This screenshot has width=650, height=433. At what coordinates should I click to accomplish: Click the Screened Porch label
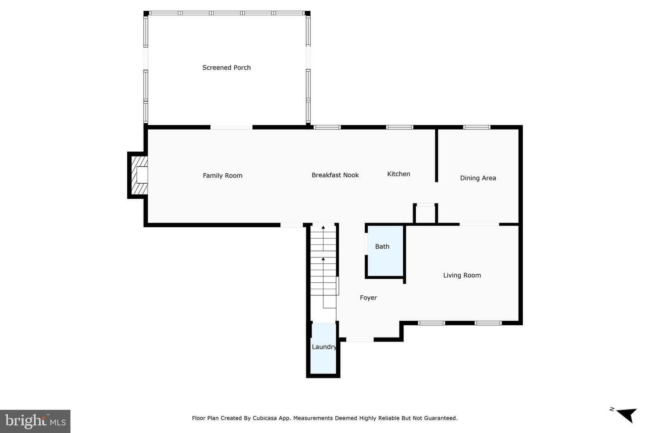click(x=226, y=68)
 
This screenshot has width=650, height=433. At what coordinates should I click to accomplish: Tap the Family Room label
click(x=223, y=175)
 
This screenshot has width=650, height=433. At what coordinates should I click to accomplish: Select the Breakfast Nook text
click(x=335, y=175)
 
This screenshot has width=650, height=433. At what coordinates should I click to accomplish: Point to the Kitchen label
click(x=399, y=174)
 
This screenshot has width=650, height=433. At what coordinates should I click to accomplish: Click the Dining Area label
click(x=478, y=178)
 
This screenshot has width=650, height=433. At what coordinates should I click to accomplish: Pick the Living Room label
click(x=462, y=275)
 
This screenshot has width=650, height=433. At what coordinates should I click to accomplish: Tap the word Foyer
click(x=368, y=298)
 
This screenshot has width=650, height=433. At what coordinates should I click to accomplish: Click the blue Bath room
click(x=385, y=251)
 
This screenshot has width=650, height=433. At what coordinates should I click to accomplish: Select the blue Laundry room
click(x=323, y=349)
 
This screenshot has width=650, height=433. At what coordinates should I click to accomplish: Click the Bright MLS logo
click(x=35, y=421)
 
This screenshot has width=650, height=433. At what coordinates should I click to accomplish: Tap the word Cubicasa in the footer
click(x=265, y=418)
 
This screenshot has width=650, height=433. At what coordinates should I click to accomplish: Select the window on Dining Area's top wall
click(x=477, y=127)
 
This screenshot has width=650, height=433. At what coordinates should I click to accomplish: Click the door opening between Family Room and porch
click(x=231, y=127)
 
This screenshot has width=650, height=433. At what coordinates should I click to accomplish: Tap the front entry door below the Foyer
click(x=360, y=340)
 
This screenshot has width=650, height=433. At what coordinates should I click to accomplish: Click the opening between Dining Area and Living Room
click(x=479, y=224)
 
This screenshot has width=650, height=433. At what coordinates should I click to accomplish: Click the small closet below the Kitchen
click(x=425, y=214)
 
